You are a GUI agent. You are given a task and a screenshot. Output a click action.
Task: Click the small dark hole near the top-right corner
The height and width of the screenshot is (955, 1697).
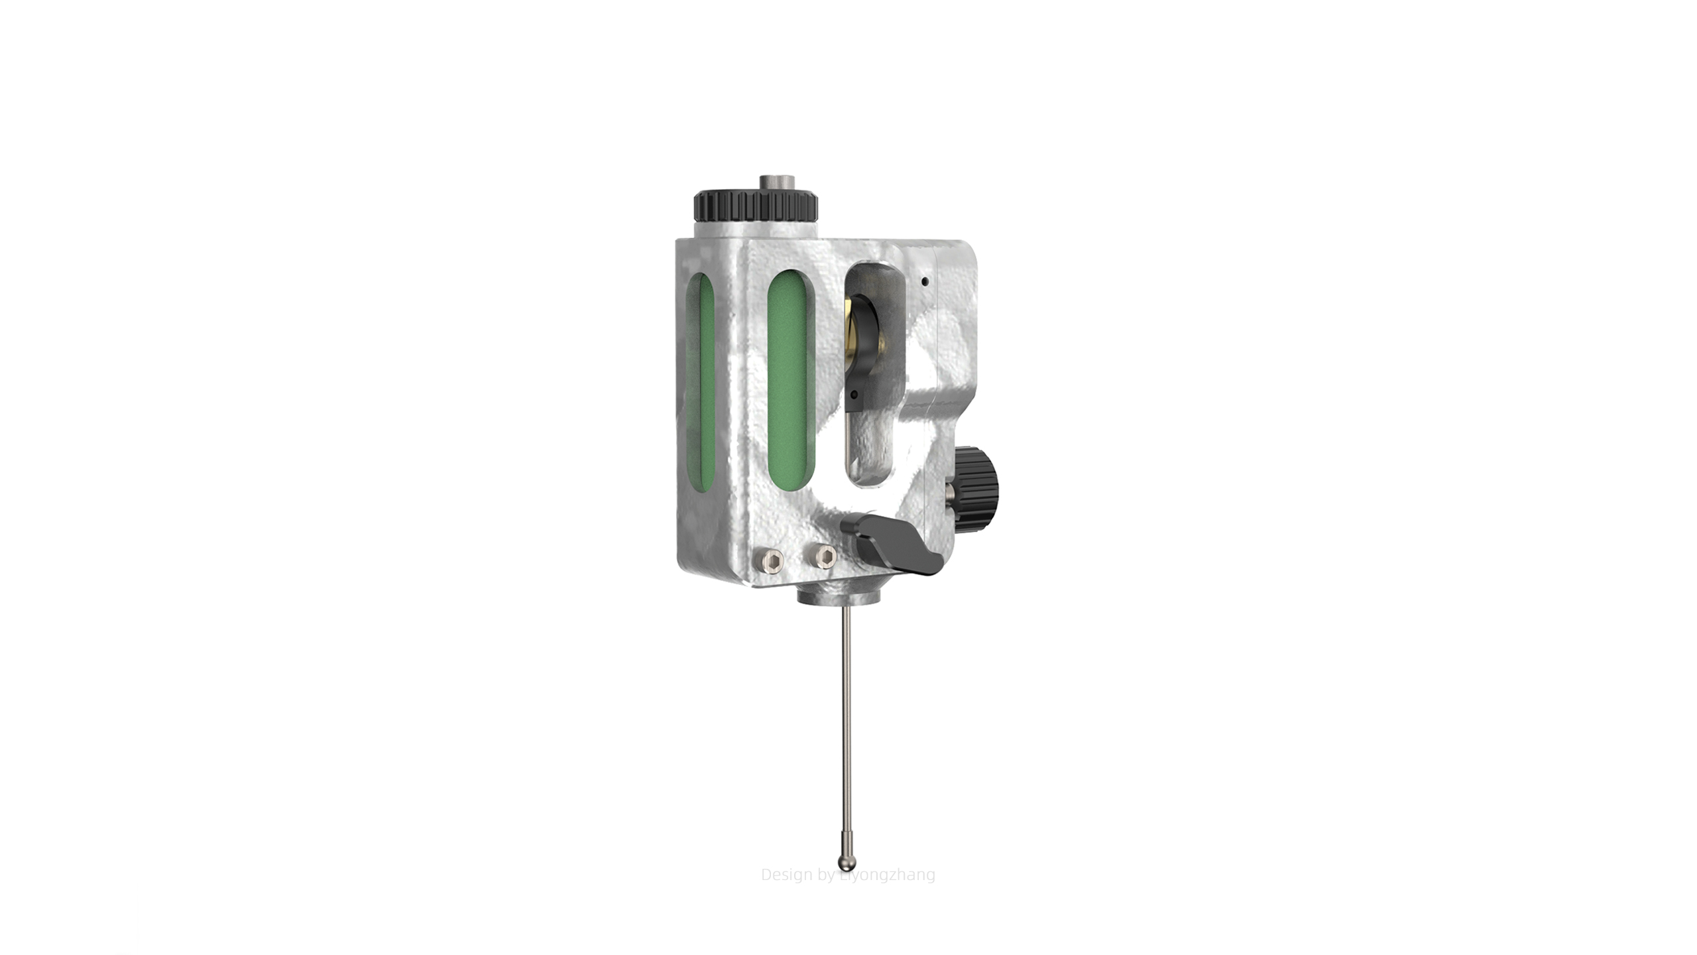(925, 281)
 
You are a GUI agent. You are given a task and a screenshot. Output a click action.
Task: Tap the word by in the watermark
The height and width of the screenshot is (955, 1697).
(827, 875)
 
